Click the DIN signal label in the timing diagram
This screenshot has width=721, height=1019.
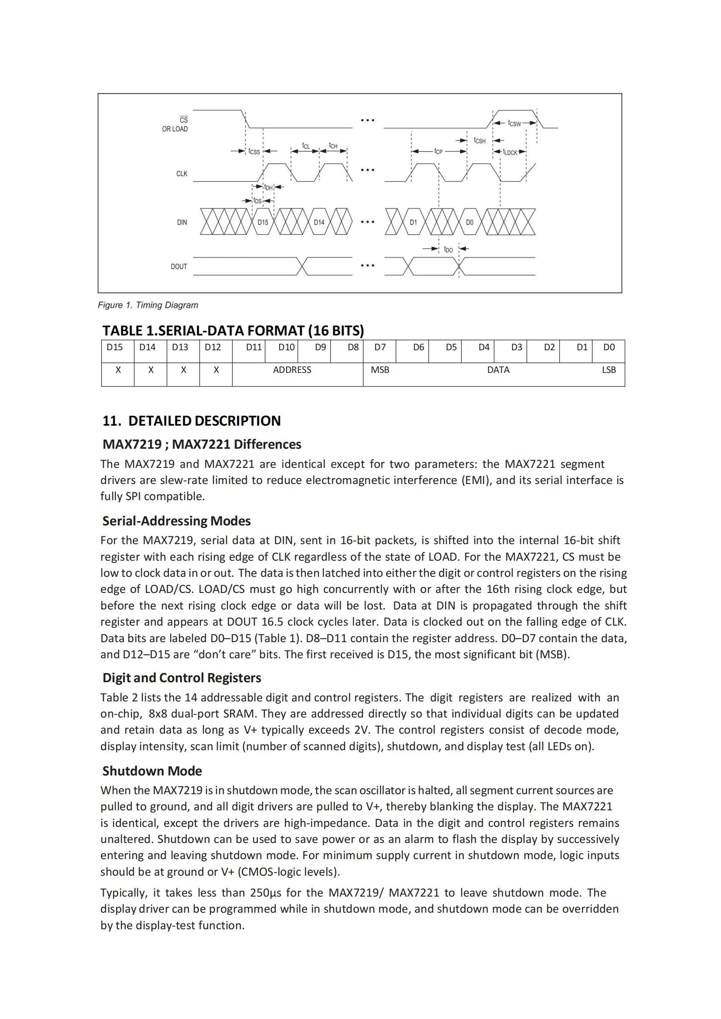182,222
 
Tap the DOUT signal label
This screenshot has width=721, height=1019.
179,267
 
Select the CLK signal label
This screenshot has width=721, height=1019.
182,173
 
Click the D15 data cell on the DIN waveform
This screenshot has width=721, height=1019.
263,222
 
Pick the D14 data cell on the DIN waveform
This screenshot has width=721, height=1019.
319,222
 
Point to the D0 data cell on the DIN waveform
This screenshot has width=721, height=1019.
470,222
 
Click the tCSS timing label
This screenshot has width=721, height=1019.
254,152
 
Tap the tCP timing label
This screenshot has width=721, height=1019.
438,152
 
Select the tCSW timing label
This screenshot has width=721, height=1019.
514,123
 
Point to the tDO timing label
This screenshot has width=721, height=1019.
449,250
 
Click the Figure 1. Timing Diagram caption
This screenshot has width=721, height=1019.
148,305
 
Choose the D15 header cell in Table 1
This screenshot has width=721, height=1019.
115,347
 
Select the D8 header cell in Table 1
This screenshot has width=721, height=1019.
353,347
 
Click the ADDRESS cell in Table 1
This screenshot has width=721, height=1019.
292,370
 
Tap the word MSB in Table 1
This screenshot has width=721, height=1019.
380,370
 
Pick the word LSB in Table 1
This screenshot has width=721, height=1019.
608,370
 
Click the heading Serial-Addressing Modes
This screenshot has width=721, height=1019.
176,521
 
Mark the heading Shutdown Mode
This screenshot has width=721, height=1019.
152,771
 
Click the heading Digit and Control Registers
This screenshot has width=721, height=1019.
182,678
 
